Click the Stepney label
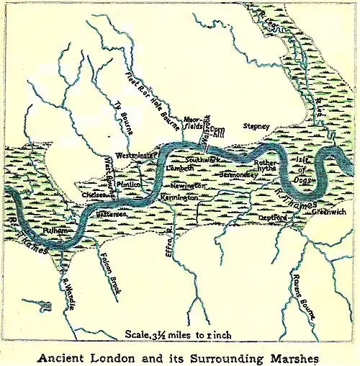tap(256, 126)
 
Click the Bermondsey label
tap(238, 174)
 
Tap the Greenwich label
tap(329, 212)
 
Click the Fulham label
tap(35, 228)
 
